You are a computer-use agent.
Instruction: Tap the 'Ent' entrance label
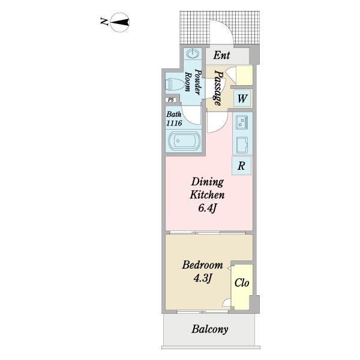click(x=222, y=56)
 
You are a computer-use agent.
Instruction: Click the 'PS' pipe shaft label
click(x=171, y=100)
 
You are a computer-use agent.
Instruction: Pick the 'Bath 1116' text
click(x=175, y=118)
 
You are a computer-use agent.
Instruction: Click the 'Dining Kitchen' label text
click(x=208, y=188)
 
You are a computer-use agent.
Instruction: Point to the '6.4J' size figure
click(x=208, y=208)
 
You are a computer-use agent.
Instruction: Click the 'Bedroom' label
click(x=203, y=265)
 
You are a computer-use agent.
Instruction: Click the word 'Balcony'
click(x=210, y=329)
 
